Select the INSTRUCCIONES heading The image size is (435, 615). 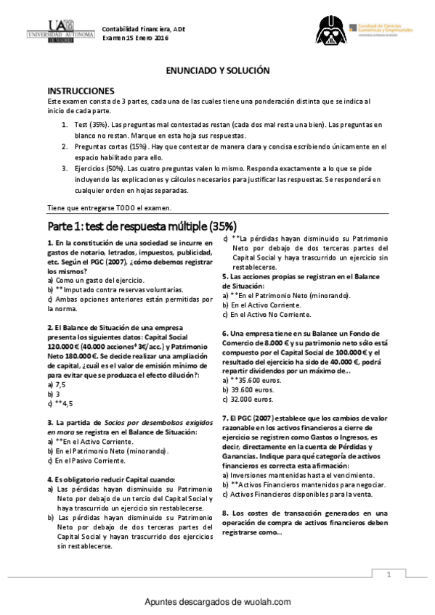point(81,91)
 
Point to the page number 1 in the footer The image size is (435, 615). point(390,574)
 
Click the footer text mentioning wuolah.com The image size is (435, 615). point(217,602)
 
